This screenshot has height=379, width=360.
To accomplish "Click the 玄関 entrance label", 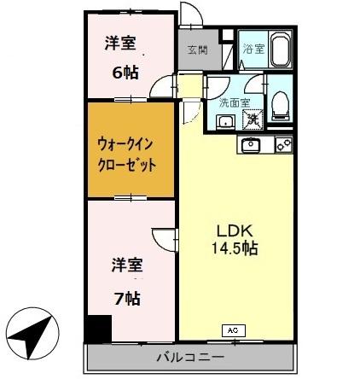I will coord(196,50).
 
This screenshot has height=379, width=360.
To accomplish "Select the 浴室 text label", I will coord(253,50).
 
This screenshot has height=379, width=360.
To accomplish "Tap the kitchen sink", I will coord(251,144).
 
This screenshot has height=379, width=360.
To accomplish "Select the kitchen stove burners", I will coord(283,144).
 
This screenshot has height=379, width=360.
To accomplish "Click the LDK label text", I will coord(232,230).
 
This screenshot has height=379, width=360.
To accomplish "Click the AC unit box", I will coord(232,328).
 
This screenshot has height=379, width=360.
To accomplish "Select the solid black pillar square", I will coord(97,328).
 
